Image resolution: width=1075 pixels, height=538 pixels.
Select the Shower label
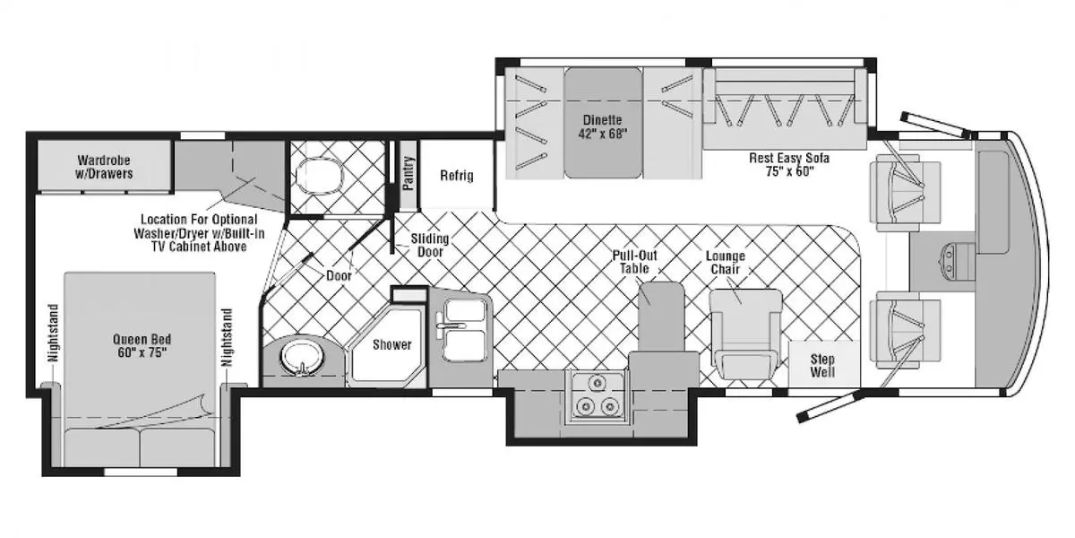click(x=391, y=345)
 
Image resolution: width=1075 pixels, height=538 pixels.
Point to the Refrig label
click(x=456, y=176)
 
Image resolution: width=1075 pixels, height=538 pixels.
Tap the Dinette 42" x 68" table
click(x=602, y=126)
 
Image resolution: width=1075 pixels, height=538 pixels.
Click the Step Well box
click(x=822, y=365)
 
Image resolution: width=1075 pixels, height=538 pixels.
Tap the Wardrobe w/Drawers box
click(x=105, y=167)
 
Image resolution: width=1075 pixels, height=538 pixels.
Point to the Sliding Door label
click(x=430, y=246)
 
